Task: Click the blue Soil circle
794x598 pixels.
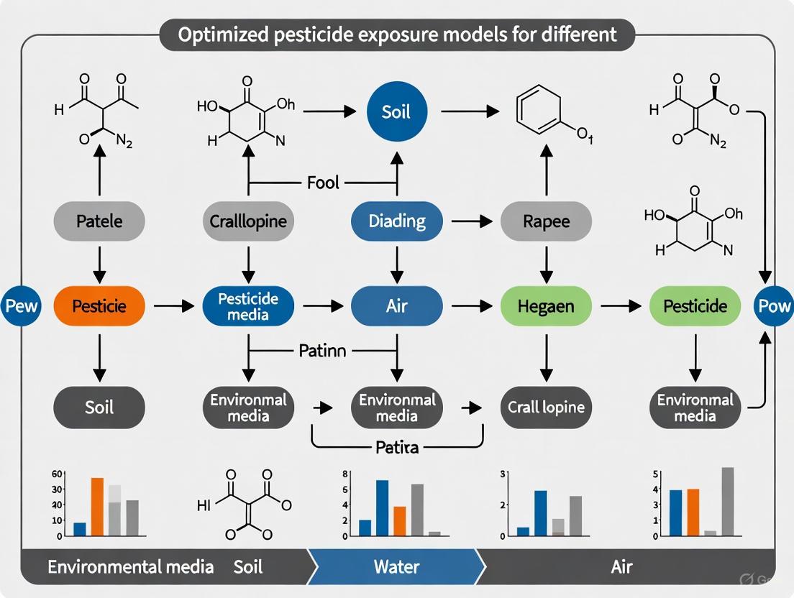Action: [x=396, y=113]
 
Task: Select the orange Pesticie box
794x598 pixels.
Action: [x=99, y=306]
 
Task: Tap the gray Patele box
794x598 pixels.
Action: [x=99, y=221]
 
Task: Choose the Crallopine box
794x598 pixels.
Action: [x=248, y=221]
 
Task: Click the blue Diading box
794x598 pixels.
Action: [x=396, y=221]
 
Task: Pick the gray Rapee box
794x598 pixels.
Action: [x=546, y=221]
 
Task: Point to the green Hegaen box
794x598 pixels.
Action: [x=546, y=306]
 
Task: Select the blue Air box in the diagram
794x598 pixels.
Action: [x=396, y=306]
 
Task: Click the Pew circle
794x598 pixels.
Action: [x=21, y=306]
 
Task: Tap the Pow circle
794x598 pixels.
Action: [x=774, y=306]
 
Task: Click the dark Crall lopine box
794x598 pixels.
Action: [x=546, y=408]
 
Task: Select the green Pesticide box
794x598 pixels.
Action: [x=695, y=306]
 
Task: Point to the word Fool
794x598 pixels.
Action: [x=322, y=183]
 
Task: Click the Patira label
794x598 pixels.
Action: [x=396, y=447]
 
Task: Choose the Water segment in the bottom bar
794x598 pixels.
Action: [x=396, y=566]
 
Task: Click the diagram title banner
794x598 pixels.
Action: [x=396, y=35]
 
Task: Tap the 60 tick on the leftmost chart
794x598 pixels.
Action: [x=58, y=474]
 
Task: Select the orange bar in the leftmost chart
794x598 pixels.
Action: [x=97, y=507]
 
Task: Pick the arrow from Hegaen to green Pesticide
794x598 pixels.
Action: [x=620, y=306]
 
